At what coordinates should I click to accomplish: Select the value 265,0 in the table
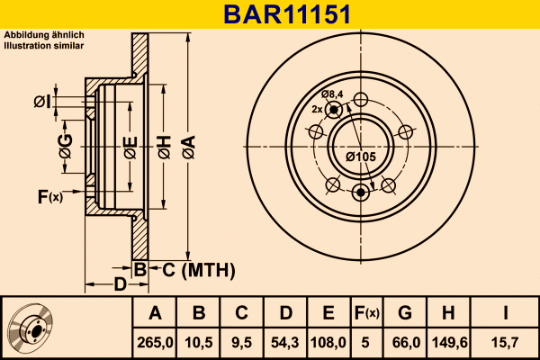tap(155, 341)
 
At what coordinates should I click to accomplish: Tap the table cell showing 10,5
tap(199, 341)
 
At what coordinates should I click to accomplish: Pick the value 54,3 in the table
tap(285, 341)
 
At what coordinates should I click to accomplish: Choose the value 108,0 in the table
tap(328, 341)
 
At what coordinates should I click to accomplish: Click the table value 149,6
tap(448, 341)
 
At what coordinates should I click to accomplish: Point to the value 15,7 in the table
tap(504, 341)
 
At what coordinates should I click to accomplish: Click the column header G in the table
tap(405, 313)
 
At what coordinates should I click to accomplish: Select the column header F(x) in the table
tap(366, 313)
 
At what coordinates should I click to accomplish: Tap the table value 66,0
tap(405, 341)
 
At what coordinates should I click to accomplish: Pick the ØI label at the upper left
tap(41, 102)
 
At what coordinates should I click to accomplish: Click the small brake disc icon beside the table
tap(31, 328)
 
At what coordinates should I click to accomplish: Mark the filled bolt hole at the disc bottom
tap(362, 191)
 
